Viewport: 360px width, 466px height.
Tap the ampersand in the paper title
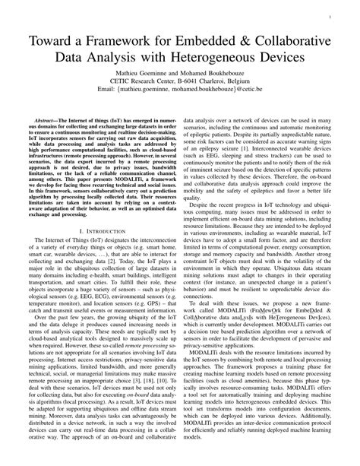pyautogui.click(x=246, y=39)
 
